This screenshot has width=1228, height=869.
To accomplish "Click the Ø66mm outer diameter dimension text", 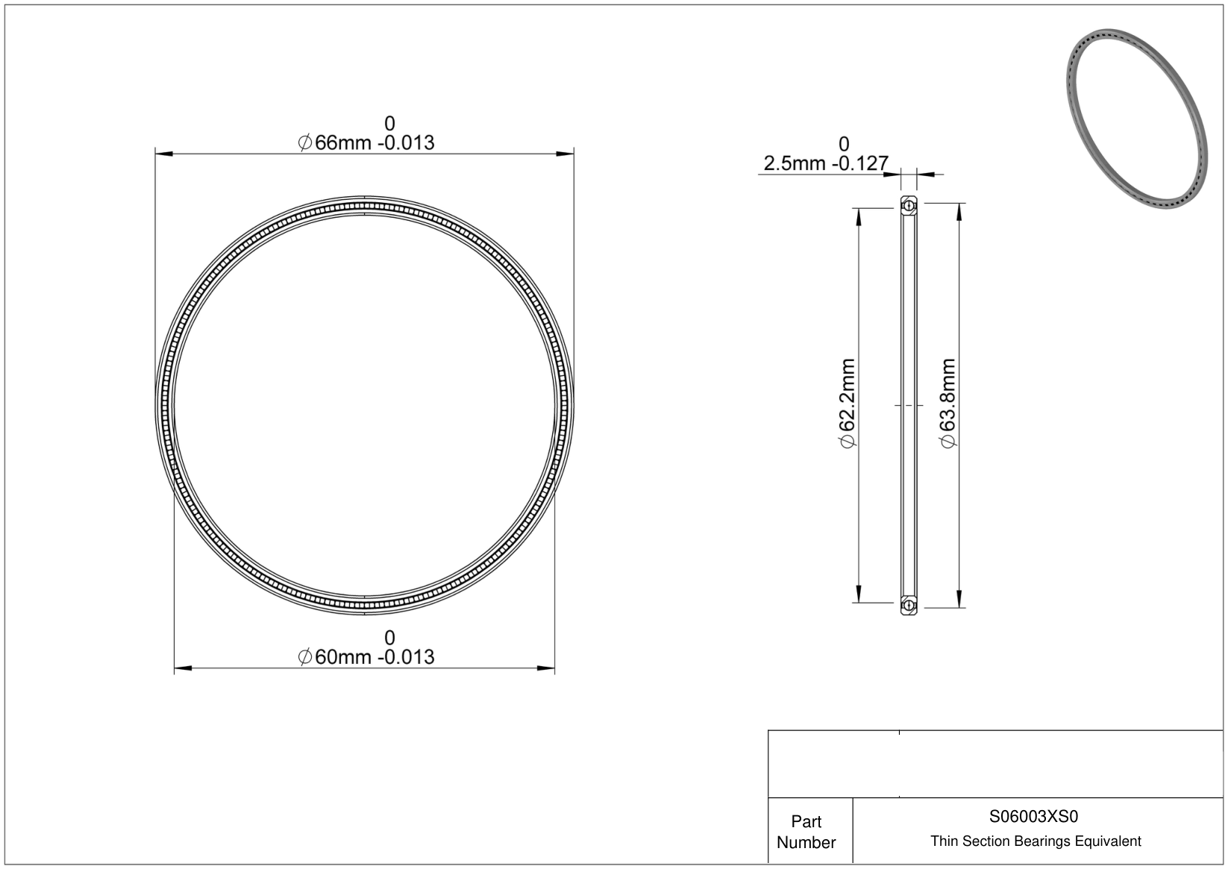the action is tap(366, 142).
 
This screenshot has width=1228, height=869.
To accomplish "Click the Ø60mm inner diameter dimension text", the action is tap(366, 657).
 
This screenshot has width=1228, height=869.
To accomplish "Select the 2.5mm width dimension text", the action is tap(826, 163).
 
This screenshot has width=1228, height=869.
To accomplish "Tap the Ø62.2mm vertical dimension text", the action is tap(848, 403).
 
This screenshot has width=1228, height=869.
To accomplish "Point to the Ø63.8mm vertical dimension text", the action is tap(948, 403).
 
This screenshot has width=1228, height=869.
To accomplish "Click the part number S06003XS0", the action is tap(1033, 816).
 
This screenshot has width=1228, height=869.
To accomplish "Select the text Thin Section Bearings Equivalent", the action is tap(1036, 841).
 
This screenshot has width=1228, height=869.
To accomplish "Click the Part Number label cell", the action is tap(806, 832).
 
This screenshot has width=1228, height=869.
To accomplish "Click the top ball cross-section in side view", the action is tap(909, 206).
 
